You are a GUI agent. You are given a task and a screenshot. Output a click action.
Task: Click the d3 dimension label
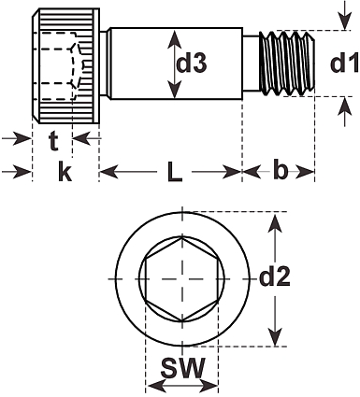coord(192,64)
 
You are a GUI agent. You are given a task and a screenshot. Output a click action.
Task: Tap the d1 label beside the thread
coord(344,64)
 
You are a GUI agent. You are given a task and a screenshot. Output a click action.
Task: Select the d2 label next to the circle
coord(275,276)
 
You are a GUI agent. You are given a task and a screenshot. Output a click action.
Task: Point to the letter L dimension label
coord(175,172)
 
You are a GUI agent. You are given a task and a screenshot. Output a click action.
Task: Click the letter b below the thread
coord(281,169)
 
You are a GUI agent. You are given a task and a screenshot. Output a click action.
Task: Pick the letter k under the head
coord(65,172)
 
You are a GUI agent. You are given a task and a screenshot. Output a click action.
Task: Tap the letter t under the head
coord(53,141)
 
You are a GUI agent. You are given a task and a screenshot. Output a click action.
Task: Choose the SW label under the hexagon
coord(183,367)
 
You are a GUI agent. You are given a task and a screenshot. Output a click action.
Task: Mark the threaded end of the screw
coord(287,64)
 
